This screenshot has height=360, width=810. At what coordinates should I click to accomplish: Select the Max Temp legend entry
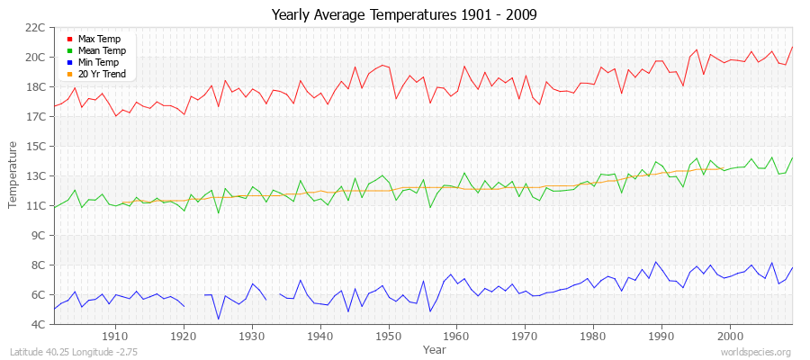point(98,40)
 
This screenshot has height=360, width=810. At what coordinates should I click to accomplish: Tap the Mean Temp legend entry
point(101,51)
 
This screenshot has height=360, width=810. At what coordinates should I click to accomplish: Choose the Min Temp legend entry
point(99,63)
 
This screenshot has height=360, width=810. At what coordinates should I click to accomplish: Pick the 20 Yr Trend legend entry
point(102,75)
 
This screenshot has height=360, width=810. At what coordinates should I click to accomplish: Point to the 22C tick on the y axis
point(34,28)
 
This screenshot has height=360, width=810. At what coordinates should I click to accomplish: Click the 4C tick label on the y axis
point(37,324)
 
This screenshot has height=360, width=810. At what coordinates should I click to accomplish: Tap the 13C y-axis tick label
point(34,176)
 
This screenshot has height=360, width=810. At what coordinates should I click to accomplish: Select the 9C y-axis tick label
point(37,236)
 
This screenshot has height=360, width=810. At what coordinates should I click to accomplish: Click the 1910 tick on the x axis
point(115,336)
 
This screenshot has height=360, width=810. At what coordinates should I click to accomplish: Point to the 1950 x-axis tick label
point(388,336)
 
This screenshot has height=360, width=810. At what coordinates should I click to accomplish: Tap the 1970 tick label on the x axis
point(525,336)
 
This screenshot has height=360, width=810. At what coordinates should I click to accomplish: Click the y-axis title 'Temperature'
point(13,175)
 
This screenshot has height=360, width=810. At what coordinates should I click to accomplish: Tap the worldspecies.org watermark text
point(756,352)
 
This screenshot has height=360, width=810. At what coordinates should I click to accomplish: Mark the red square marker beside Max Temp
point(69,40)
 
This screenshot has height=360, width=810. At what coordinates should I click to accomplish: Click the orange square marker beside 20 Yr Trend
point(69,75)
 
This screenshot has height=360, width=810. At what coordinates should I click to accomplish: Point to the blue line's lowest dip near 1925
point(218,319)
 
